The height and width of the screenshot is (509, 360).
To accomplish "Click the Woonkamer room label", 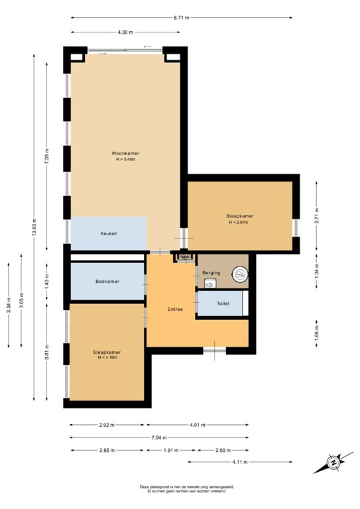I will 125,153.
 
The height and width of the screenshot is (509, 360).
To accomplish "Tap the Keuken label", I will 109,233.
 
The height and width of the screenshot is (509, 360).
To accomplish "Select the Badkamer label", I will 107,282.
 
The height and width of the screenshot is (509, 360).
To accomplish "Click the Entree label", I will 175,309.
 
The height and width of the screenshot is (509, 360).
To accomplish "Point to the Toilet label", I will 223,304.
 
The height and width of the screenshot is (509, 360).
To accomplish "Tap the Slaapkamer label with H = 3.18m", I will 107,352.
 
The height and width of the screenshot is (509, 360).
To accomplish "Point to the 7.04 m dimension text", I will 159,437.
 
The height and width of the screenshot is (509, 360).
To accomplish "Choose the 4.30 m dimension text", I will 125,32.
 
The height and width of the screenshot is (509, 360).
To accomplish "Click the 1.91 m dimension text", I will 172,450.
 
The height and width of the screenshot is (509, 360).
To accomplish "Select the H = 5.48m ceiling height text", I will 125,159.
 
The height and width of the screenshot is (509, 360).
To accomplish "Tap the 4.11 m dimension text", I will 240,462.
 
